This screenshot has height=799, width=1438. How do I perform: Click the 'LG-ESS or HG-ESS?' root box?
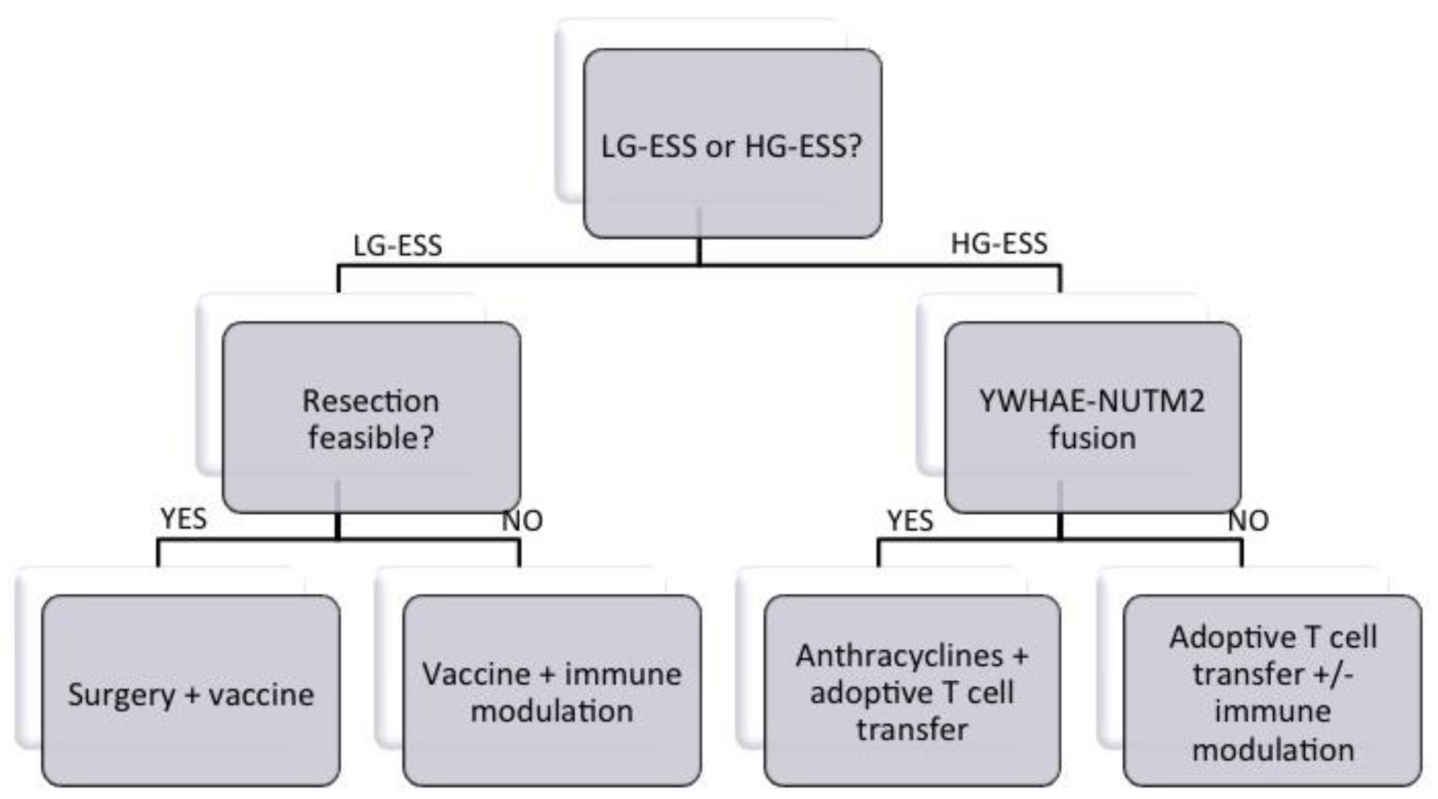(x=732, y=144)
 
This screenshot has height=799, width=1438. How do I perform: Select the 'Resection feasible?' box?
(x=371, y=418)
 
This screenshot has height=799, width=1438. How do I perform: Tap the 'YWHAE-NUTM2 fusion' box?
(x=1092, y=418)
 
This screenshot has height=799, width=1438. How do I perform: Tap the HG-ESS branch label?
(x=999, y=243)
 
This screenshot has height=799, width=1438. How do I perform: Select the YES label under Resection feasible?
(x=184, y=519)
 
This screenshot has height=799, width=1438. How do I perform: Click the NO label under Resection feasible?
(x=522, y=521)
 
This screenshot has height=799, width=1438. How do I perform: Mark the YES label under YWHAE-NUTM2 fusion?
(x=910, y=521)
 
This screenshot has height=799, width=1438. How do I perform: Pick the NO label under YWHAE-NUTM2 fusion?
(x=1248, y=521)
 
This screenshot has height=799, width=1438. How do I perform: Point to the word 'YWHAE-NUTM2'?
(x=1092, y=401)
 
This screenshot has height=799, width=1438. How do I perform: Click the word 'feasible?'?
(x=371, y=437)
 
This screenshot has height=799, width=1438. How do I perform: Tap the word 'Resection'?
(x=371, y=401)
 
